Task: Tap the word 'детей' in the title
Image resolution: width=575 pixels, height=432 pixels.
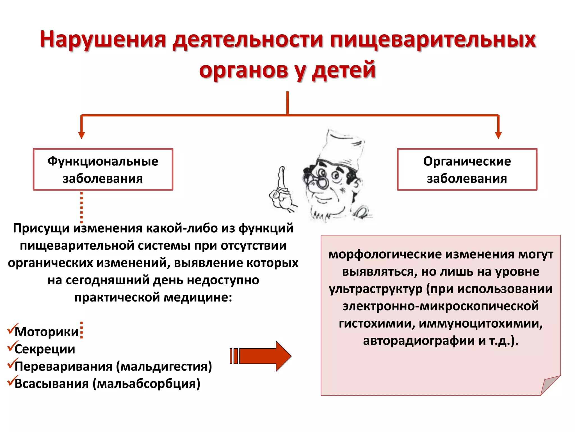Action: pyautogui.click(x=344, y=70)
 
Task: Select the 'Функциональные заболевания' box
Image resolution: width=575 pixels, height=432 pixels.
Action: pyautogui.click(x=103, y=170)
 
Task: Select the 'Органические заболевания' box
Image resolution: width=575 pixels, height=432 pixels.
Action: pyautogui.click(x=467, y=170)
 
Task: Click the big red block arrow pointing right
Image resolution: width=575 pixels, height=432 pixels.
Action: pyautogui.click(x=261, y=356)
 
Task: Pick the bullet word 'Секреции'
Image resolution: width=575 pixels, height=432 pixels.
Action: pyautogui.click(x=45, y=349)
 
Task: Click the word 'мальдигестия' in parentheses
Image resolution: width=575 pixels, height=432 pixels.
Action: pyautogui.click(x=164, y=366)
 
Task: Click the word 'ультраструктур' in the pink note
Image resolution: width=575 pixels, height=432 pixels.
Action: pyautogui.click(x=376, y=289)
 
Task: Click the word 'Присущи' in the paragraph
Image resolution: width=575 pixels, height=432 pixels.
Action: pyautogui.click(x=41, y=228)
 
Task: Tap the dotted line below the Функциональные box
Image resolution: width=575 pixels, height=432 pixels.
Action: pyautogui.click(x=81, y=207)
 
